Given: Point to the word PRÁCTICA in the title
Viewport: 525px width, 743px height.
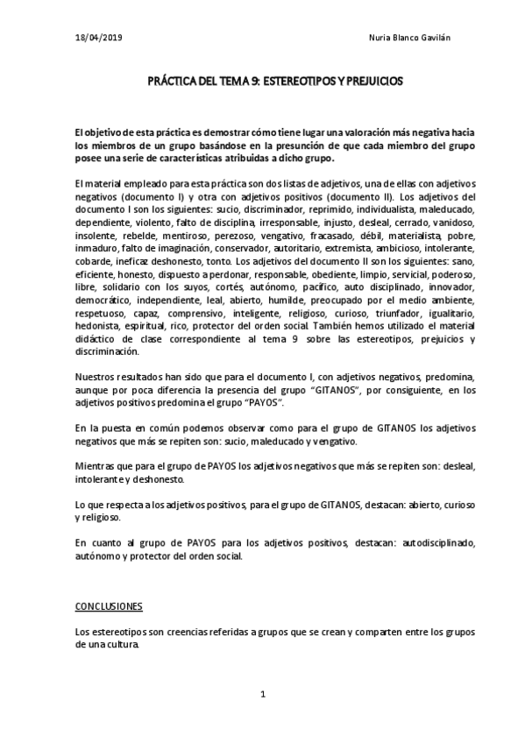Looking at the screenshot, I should tap(172, 81).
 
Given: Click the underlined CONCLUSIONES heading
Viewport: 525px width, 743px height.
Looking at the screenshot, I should tap(109, 606).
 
